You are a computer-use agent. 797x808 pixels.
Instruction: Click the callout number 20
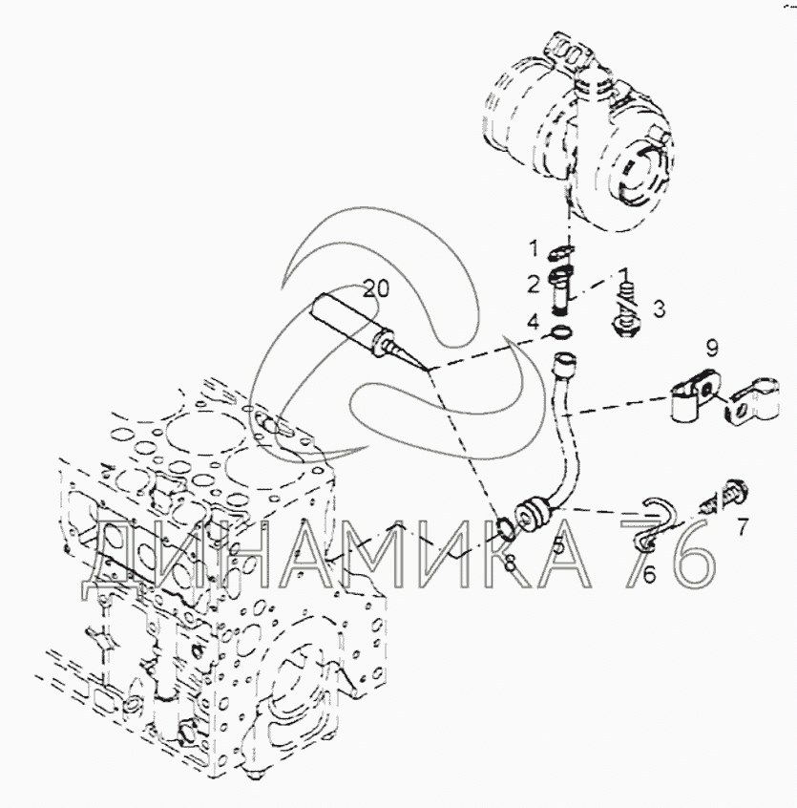coord(376,289)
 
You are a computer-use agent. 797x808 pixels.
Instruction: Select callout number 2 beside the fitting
coord(533,284)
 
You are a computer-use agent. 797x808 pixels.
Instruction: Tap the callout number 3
coord(659,309)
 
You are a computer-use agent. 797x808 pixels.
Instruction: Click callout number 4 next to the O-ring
coord(534,323)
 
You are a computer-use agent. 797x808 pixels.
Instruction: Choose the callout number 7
coord(742,527)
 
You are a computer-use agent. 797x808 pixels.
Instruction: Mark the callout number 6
coord(649,575)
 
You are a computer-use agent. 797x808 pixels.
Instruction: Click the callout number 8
coord(510,563)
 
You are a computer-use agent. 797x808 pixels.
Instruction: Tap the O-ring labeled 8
coord(505,529)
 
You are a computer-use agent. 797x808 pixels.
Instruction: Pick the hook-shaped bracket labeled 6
coord(652,524)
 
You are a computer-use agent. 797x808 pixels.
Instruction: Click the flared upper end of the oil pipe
coord(564,361)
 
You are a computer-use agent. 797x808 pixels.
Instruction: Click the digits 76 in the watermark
coord(668,553)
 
